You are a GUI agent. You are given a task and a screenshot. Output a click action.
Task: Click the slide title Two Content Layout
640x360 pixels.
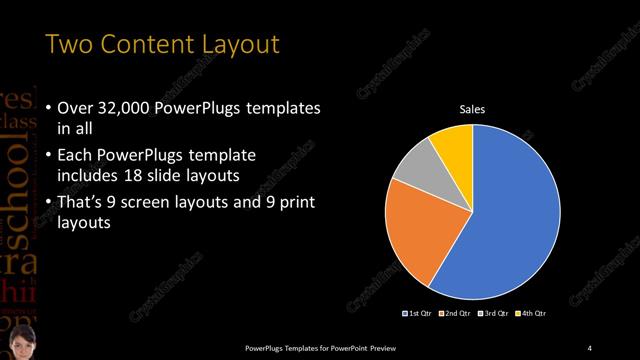tap(163, 45)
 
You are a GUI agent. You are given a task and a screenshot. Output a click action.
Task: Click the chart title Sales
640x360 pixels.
tap(472, 108)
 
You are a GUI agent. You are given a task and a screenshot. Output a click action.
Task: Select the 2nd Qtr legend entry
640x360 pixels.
tap(454, 313)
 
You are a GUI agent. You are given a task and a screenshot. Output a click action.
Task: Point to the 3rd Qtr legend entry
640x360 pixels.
tap(493, 313)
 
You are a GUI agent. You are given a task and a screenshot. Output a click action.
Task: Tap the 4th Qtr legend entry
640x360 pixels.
tap(531, 313)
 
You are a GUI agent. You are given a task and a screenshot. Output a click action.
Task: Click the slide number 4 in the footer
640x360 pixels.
tap(590, 347)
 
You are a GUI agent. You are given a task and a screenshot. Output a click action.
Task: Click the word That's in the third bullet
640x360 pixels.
tap(79, 202)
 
